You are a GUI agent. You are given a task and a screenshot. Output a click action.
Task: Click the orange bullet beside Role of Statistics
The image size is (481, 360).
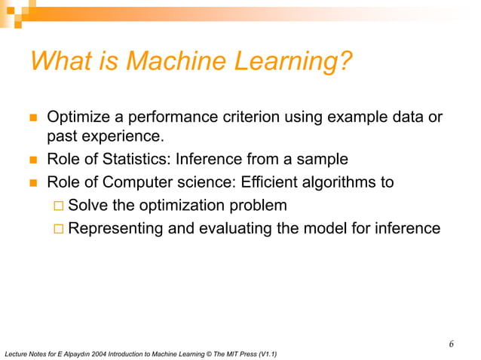(x=32, y=160)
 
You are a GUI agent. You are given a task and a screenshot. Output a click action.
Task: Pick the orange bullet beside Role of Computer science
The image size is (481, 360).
(x=32, y=182)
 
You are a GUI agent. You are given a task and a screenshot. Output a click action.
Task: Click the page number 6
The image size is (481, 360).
(x=451, y=344)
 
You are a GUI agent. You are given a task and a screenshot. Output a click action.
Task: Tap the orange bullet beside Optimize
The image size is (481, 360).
(x=32, y=118)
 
